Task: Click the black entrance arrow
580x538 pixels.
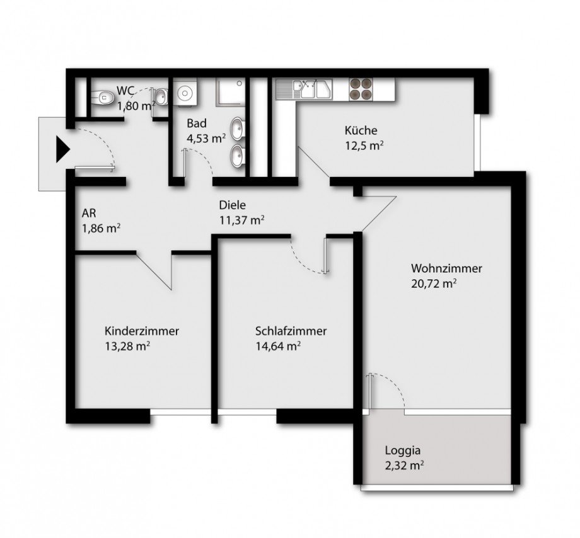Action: click(61, 149)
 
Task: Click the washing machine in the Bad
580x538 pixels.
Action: click(186, 93)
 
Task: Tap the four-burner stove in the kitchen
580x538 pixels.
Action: click(360, 89)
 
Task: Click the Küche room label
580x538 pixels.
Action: click(361, 131)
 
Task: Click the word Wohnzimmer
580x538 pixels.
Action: click(446, 268)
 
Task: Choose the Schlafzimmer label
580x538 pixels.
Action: click(291, 331)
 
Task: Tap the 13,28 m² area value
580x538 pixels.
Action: click(127, 345)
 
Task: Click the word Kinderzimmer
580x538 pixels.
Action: click(142, 331)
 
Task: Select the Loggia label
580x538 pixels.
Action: click(403, 450)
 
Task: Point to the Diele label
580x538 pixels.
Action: click(232, 205)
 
